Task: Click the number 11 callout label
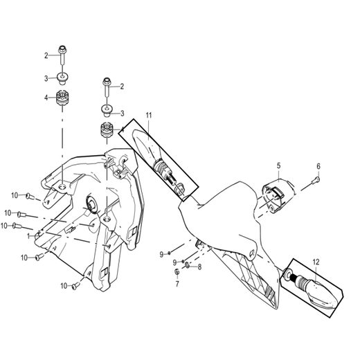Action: click(x=148, y=114)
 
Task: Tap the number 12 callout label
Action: click(x=316, y=262)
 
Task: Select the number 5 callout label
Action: click(x=278, y=165)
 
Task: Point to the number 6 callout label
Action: click(x=319, y=166)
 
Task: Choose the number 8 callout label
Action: click(x=199, y=267)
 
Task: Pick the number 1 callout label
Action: click(x=29, y=236)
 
